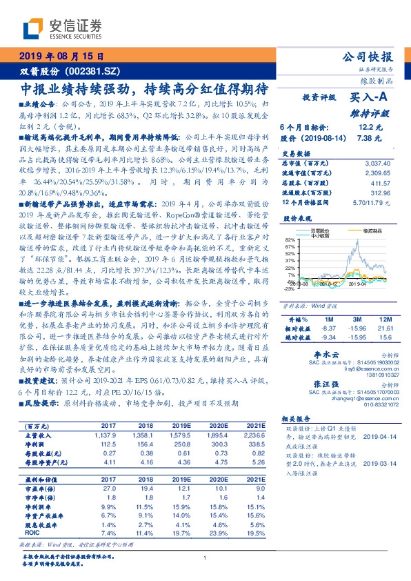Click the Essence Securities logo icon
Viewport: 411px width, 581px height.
[x=32, y=28]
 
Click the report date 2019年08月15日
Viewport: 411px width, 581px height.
[x=61, y=56]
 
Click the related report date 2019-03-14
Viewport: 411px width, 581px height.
[x=377, y=464]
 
